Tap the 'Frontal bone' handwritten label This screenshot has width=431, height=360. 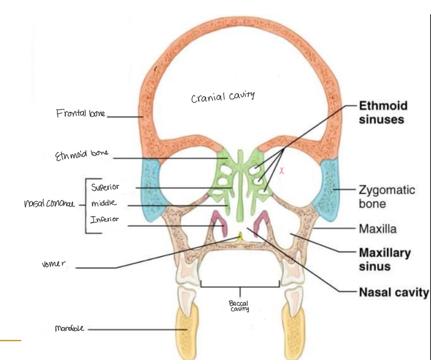pos(80,114)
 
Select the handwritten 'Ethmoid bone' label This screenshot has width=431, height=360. pos(82,156)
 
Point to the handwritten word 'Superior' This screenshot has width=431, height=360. pos(105,187)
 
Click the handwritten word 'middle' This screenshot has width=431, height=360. pos(103,203)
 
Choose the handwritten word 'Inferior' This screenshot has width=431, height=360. pos(104,220)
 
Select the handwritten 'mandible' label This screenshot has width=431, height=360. pos(70,328)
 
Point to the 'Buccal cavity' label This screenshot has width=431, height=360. pos(240,305)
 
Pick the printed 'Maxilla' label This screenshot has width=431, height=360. pos(378,229)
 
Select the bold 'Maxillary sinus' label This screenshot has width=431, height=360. pos(384,259)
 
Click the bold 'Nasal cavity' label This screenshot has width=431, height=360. pos(393,293)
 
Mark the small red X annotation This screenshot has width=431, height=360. pos(281,172)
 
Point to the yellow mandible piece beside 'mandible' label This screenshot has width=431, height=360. pos(187,329)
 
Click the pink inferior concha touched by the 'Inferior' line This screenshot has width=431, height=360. pos(219,225)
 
